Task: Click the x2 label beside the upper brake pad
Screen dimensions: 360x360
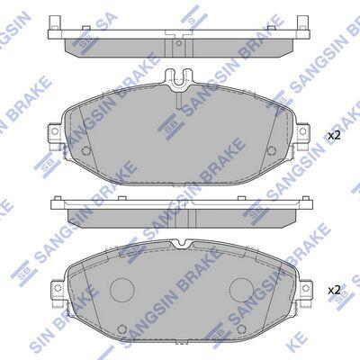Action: click(x=334, y=136)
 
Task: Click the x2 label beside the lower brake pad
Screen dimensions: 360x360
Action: click(x=334, y=290)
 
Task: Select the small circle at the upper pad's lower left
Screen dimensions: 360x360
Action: click(x=86, y=149)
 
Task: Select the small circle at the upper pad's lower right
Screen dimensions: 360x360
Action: click(x=271, y=149)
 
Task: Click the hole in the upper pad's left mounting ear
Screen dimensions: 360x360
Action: click(x=55, y=131)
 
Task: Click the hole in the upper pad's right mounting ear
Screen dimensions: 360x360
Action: click(x=302, y=131)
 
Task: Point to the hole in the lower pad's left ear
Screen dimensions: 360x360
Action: click(x=58, y=288)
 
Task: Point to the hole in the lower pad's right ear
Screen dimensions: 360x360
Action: click(x=305, y=288)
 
